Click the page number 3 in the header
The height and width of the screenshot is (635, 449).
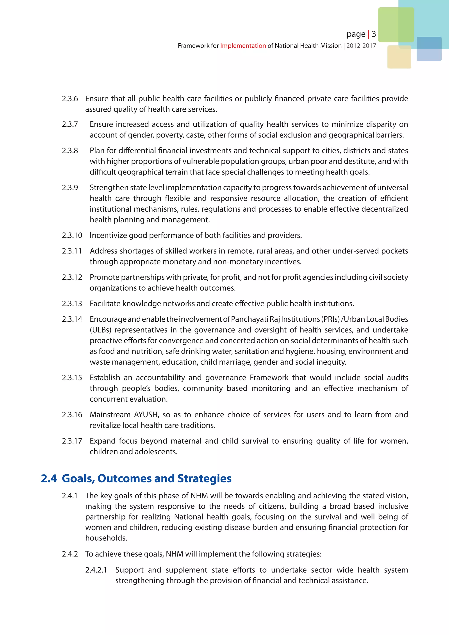click(374, 34)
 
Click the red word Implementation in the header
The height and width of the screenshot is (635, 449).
click(243, 46)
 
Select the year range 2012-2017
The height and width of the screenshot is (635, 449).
click(361, 46)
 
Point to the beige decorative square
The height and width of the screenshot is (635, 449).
click(399, 57)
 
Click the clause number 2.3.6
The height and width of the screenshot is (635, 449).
click(70, 99)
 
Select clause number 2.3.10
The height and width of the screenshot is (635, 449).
click(72, 235)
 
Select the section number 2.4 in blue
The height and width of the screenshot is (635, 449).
click(49, 478)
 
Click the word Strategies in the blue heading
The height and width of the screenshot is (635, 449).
click(204, 478)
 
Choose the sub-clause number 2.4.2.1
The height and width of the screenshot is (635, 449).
click(96, 570)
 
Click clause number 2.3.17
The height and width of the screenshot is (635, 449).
click(72, 441)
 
